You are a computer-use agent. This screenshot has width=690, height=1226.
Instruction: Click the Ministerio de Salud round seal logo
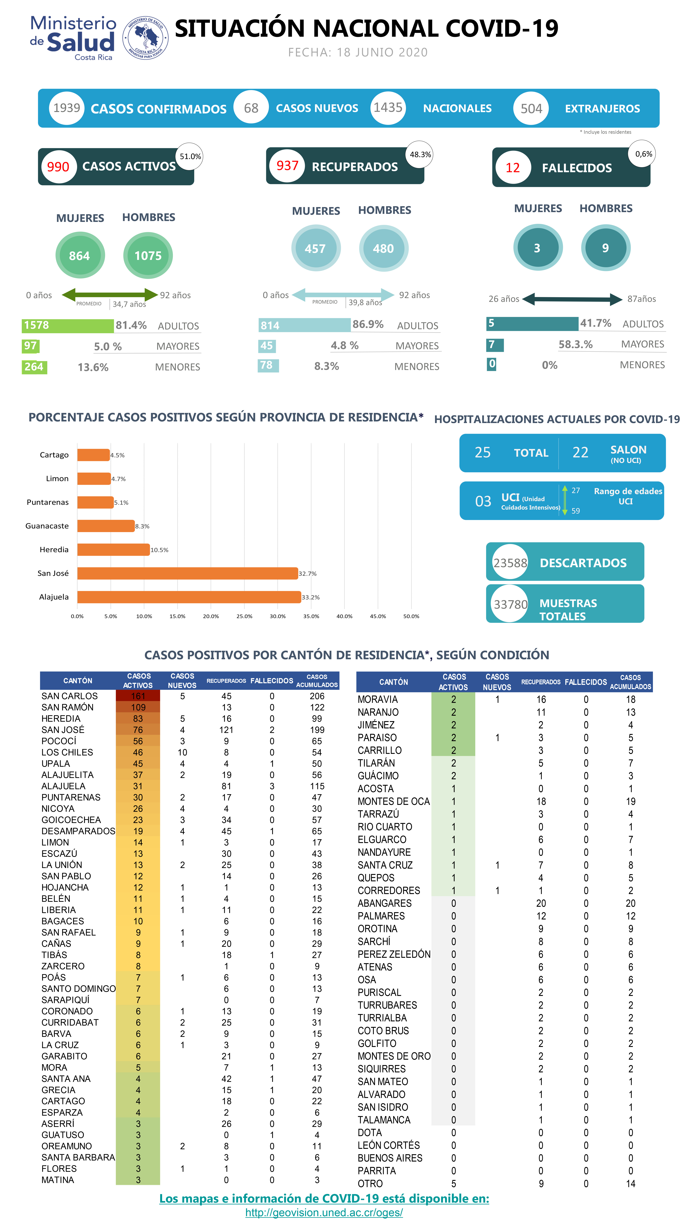pos(145,38)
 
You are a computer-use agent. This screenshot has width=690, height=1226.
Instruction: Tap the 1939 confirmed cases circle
pos(67,108)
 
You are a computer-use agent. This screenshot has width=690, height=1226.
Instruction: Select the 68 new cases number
pos(251,108)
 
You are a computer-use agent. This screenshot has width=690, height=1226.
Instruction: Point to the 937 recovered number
pos(287,166)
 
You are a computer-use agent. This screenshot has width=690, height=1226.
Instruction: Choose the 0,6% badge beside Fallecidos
pos(643,154)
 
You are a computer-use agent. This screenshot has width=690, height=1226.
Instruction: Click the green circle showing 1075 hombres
pos(148,256)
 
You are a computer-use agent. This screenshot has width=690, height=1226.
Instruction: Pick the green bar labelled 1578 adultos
pos(67,326)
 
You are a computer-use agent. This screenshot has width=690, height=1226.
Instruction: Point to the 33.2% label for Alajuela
pos(310,597)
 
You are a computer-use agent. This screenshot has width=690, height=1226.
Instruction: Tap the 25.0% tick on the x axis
pos(244,616)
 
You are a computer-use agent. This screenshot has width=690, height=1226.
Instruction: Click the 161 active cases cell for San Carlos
pos(138,696)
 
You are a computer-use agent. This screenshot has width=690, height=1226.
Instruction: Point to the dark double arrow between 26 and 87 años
pos(573,299)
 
